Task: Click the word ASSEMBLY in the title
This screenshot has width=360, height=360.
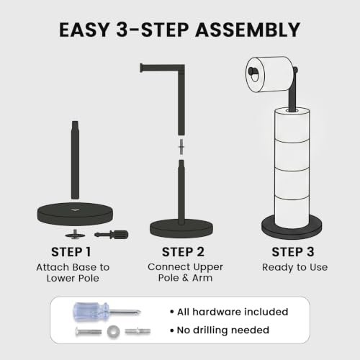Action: tap(248, 30)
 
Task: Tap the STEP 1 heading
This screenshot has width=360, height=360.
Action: tap(71, 252)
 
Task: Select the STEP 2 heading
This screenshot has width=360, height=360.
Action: tap(183, 252)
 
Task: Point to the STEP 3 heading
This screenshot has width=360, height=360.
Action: tap(293, 252)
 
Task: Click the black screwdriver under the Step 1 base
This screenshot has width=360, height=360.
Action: tap(112, 235)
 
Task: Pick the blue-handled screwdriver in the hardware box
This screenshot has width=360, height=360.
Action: tap(107, 312)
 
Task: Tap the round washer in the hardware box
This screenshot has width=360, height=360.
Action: tap(113, 332)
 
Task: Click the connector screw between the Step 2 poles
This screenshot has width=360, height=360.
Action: tap(181, 147)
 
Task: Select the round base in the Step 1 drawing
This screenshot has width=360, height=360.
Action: tap(75, 214)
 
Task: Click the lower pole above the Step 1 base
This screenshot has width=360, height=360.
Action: tap(75, 160)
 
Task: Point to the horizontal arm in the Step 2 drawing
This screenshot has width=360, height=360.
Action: tap(162, 68)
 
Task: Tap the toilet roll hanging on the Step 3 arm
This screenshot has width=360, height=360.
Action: tap(270, 74)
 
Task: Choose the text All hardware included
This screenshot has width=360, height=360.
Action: tap(229, 312)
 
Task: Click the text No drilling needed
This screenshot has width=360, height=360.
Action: tap(220, 330)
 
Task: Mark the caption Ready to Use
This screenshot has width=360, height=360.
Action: tap(294, 267)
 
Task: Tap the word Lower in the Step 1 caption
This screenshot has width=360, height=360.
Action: tap(60, 278)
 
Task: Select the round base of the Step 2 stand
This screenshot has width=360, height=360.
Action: tap(181, 228)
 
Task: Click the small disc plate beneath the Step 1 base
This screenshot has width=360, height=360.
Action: tap(74, 235)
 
